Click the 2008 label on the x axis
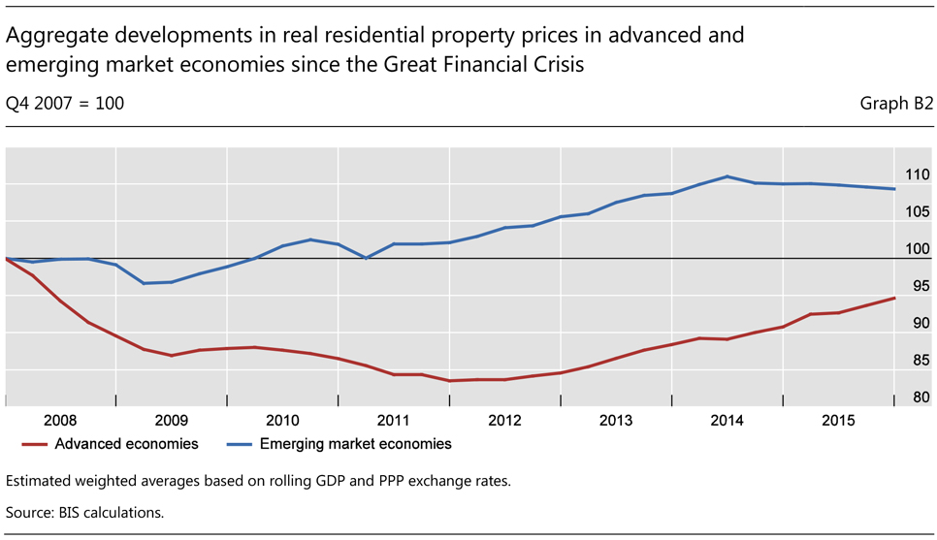(61, 421)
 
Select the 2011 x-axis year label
(394, 421)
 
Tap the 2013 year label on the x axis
(616, 421)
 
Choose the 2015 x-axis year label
(838, 421)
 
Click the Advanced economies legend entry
(126, 444)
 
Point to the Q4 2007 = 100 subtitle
(65, 103)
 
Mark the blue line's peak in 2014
(727, 176)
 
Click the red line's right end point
(893, 299)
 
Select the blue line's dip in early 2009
(144, 283)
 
